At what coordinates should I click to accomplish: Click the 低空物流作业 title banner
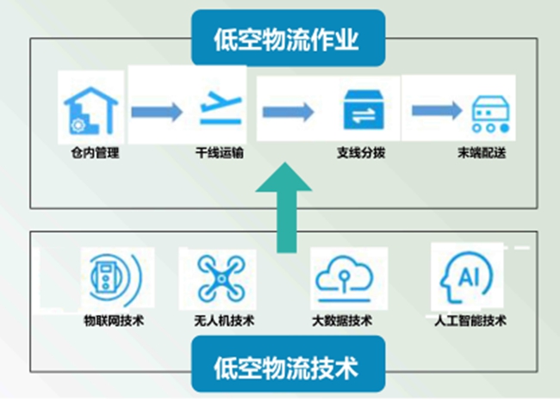point(289,38)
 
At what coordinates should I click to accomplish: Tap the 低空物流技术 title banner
point(289,364)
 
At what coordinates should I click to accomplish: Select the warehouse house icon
point(90,110)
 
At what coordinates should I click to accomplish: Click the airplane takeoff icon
point(221,108)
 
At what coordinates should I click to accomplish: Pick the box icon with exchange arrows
point(364,109)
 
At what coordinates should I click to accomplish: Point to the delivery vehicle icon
point(491,114)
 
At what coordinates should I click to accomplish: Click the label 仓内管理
point(95,153)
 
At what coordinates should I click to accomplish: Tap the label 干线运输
point(220,152)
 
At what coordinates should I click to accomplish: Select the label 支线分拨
point(361,152)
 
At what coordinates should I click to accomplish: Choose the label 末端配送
point(482,152)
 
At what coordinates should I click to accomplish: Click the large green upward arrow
point(285,208)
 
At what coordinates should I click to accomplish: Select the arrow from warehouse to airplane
point(157,112)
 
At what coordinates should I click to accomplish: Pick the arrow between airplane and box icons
point(289,112)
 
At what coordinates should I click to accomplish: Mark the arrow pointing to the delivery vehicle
point(437,110)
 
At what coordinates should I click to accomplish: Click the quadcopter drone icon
point(221,278)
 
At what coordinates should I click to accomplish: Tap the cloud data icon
point(344,279)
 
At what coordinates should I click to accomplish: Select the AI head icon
point(465,277)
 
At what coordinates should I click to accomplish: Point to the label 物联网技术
point(114,321)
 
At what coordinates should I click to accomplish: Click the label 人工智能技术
point(470,321)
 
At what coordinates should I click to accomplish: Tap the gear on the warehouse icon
point(78,126)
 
